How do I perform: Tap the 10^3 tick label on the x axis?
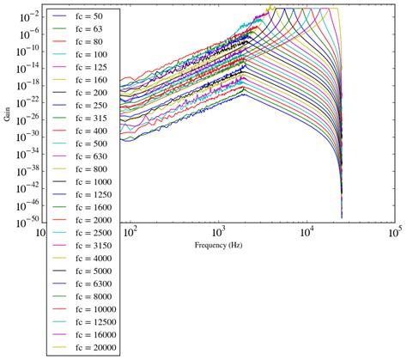pos(218,232)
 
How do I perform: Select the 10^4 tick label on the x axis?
pos(307,232)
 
